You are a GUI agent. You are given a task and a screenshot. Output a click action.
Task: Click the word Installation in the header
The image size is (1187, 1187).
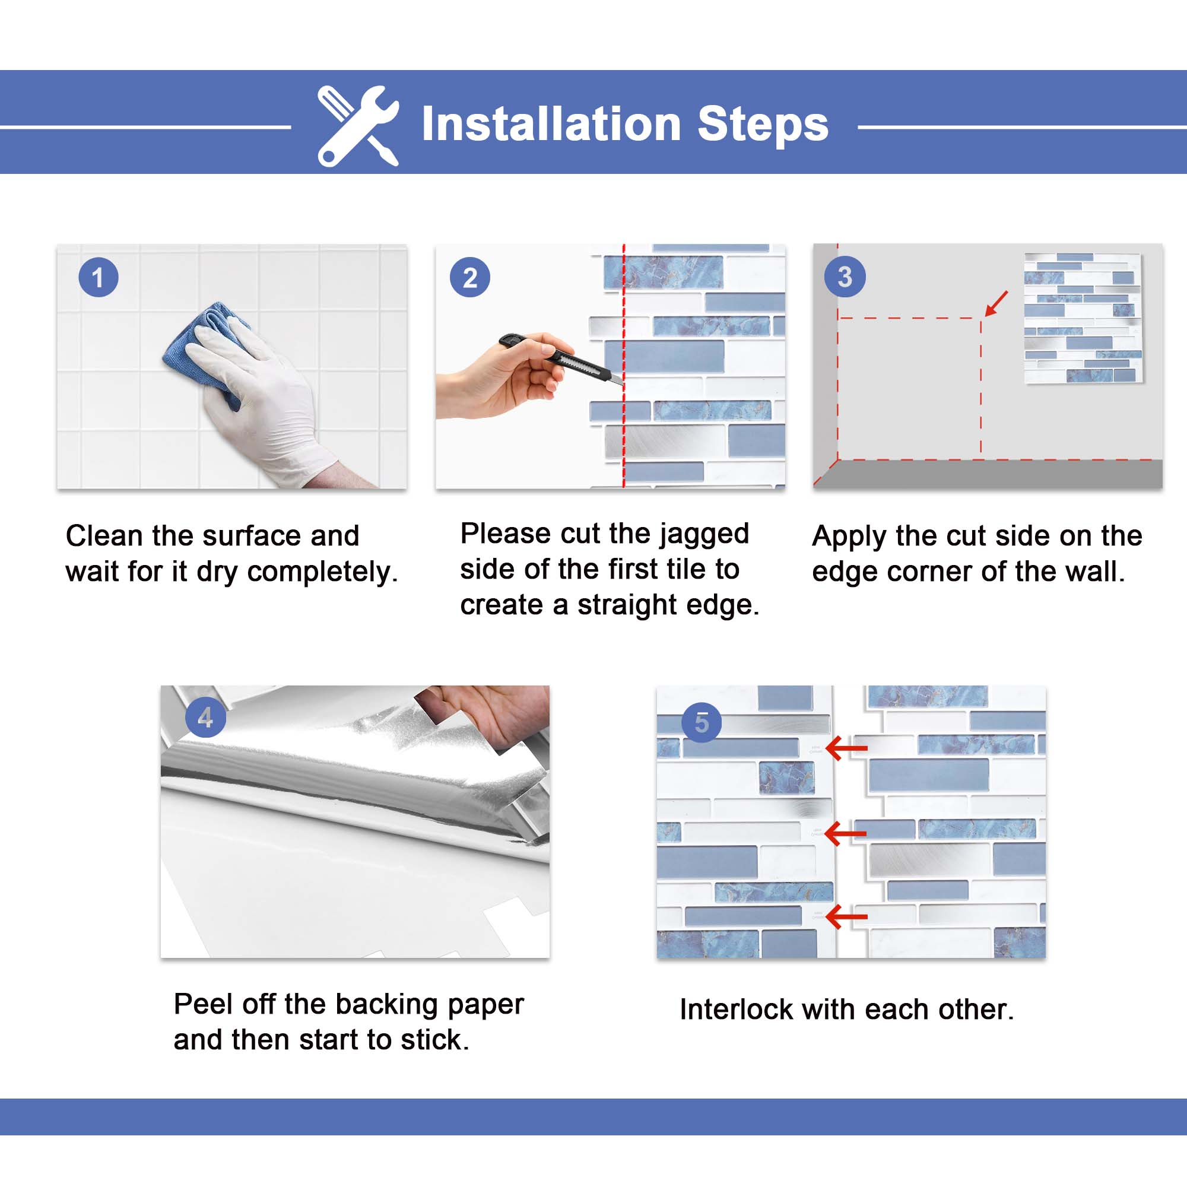point(551,124)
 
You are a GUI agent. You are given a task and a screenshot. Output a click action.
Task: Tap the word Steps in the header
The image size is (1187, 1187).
point(763,124)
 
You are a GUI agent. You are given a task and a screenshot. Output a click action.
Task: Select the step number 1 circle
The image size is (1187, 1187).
point(99,278)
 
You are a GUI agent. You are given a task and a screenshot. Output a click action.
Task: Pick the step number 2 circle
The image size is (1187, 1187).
point(470,278)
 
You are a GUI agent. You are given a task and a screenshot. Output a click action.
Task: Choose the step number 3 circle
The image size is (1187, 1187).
point(845,277)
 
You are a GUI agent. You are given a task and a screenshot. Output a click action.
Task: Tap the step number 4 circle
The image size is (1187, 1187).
point(205,717)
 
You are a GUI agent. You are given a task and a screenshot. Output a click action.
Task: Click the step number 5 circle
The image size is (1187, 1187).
point(702,722)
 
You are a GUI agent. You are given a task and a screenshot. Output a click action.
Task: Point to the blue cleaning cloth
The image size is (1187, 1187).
point(206,350)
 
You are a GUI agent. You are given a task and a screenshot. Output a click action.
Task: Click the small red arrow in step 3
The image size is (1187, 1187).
point(996,303)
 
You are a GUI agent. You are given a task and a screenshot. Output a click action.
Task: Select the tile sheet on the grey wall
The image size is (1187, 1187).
point(1083,318)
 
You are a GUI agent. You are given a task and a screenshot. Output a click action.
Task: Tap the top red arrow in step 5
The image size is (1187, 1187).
point(847,748)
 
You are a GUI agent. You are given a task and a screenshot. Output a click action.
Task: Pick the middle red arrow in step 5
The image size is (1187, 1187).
point(846,834)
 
